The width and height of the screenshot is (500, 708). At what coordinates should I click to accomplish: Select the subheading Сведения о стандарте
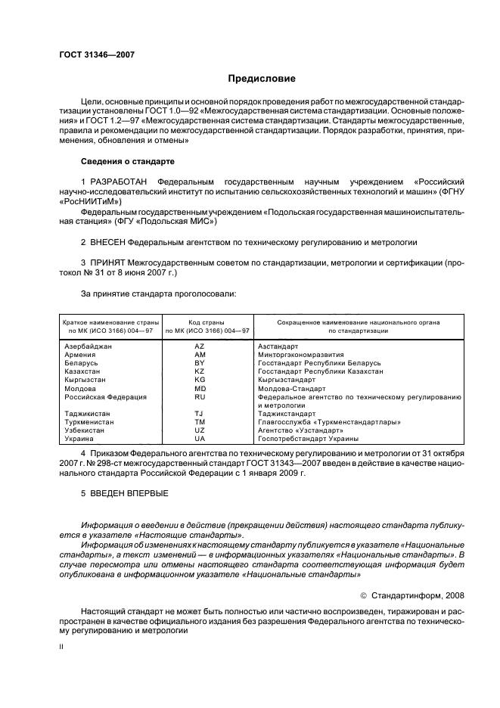128,162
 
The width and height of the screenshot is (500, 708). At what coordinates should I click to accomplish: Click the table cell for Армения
80,354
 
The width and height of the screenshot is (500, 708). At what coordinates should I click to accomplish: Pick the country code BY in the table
200,362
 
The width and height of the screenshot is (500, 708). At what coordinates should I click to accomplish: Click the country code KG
200,379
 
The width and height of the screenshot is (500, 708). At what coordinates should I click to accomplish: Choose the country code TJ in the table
200,413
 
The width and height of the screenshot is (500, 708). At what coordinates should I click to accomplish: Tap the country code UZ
200,430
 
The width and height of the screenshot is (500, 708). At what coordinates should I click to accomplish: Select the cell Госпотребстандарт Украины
308,438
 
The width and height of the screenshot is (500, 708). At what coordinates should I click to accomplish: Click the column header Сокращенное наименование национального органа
359,322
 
